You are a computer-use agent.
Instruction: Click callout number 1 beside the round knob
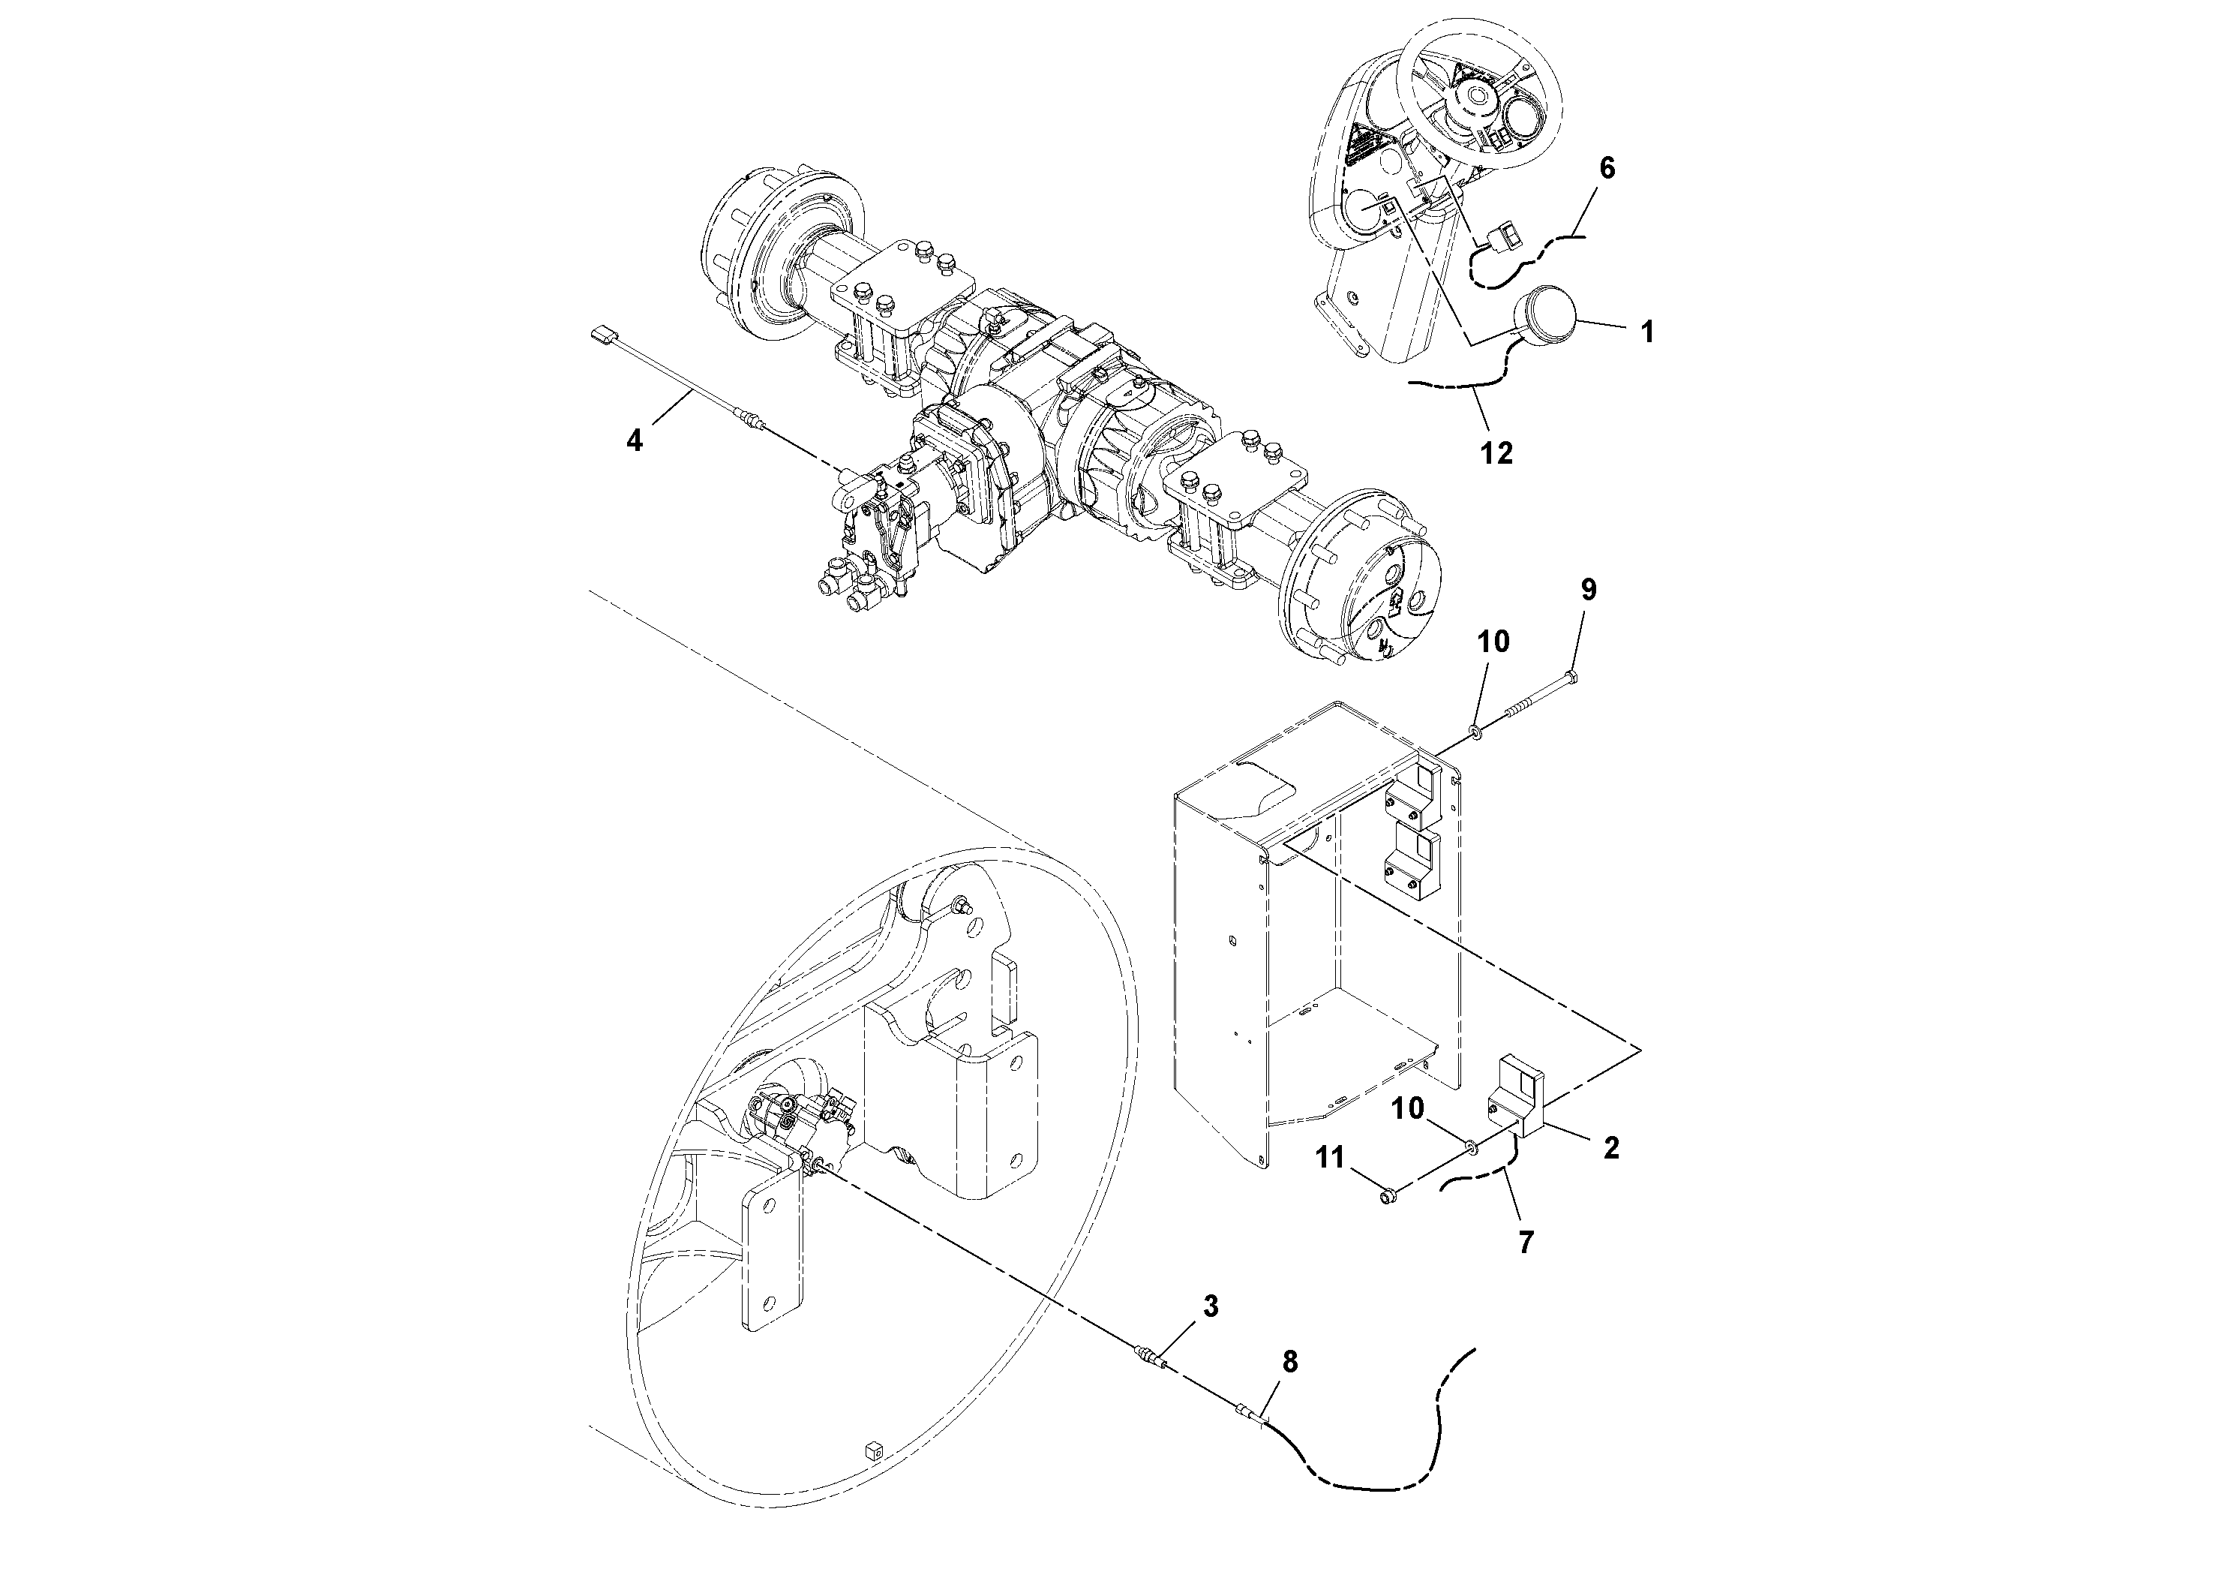(1646, 332)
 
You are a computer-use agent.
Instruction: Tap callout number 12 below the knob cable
(1496, 452)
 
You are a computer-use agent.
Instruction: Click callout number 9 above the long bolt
(1587, 591)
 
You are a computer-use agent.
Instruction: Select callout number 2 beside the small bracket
(1610, 1148)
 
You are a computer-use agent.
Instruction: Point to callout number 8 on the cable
(1289, 1363)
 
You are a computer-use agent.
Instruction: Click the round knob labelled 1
(1547, 314)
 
